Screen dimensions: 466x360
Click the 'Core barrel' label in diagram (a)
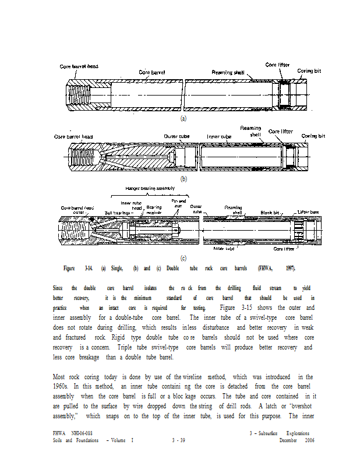pyautogui.click(x=152, y=72)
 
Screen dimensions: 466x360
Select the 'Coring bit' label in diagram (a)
pyautogui.click(x=309, y=70)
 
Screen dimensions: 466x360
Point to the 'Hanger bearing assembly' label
pyautogui.click(x=150, y=188)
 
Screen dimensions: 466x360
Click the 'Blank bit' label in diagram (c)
pyautogui.click(x=270, y=213)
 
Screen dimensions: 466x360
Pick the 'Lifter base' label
pyautogui.click(x=308, y=211)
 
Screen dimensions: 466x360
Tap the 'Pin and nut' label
pyautogui.click(x=178, y=203)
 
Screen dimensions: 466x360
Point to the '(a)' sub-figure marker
pyautogui.click(x=183, y=118)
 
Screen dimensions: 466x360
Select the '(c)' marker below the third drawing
pyautogui.click(x=183, y=257)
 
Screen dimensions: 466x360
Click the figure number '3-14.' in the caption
pyautogui.click(x=89, y=268)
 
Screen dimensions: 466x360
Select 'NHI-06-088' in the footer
pyautogui.click(x=82, y=433)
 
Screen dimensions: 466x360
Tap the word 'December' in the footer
pyautogui.click(x=287, y=440)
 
